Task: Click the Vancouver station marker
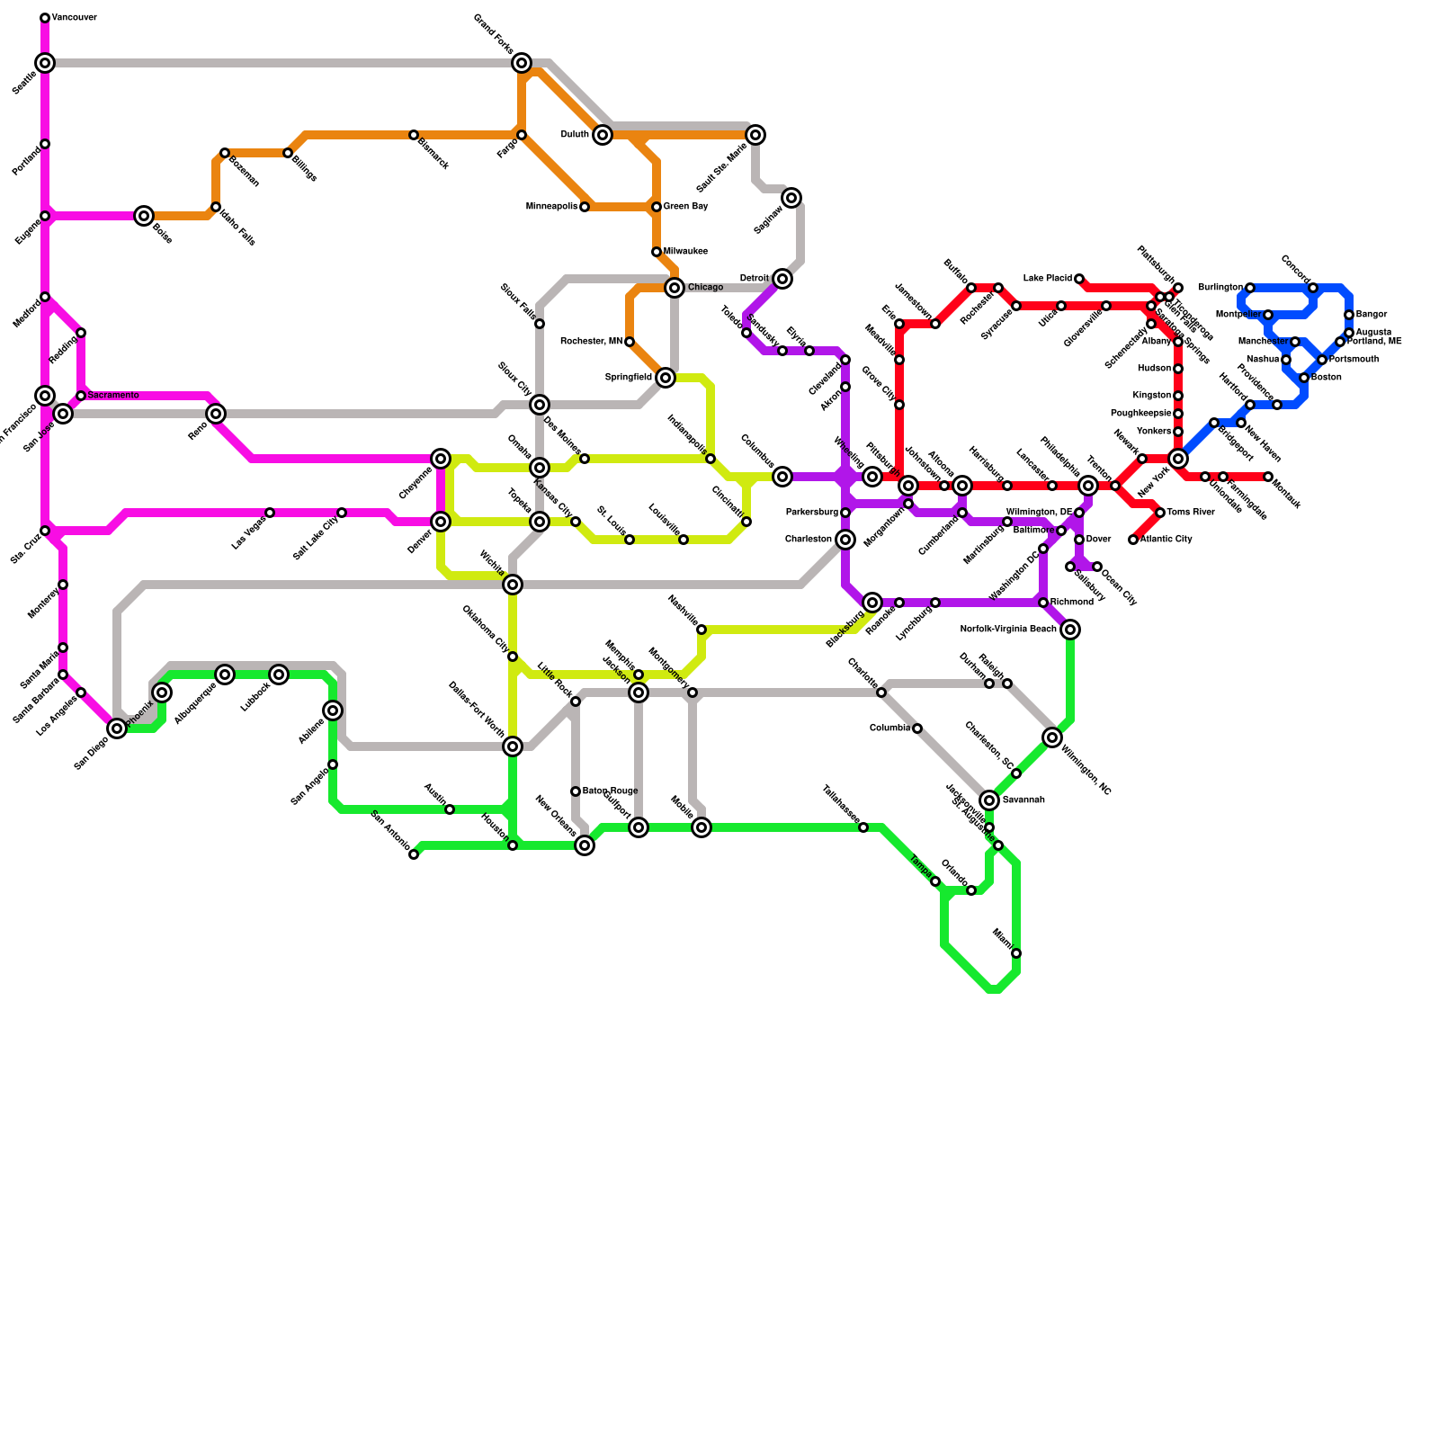45,18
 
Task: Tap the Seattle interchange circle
45,63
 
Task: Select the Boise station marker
144,216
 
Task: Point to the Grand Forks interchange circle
522,63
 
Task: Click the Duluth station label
575,135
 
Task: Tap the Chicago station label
705,288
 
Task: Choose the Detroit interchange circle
782,279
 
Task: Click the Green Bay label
685,207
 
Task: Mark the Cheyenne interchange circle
441,459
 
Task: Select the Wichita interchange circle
513,585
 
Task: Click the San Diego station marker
117,728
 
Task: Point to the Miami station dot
1016,953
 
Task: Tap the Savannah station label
1023,800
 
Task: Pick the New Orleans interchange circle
585,845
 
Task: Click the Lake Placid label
1047,279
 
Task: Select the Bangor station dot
1349,315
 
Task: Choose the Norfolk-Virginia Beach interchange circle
1070,630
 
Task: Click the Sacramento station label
113,396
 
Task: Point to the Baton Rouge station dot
576,791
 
